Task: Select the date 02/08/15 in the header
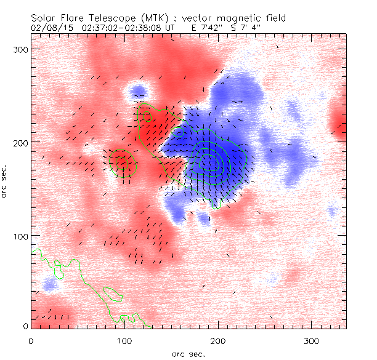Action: tap(49, 28)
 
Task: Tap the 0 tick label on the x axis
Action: tap(31, 340)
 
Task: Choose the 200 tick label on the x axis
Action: tap(217, 340)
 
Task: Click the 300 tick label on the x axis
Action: tap(311, 340)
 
